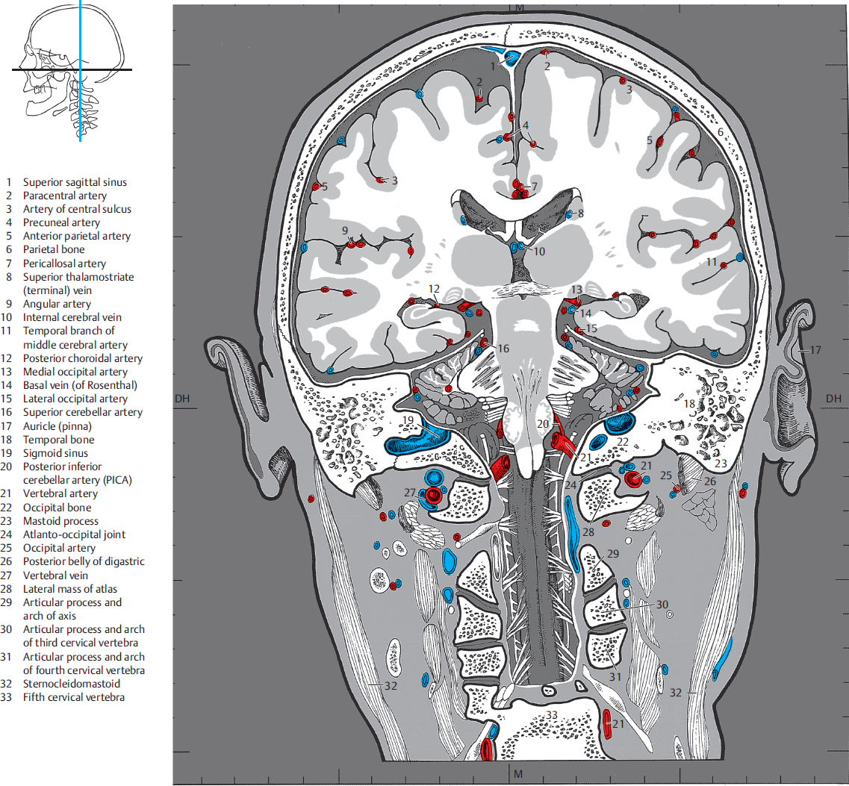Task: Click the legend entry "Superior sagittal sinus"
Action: coord(75,182)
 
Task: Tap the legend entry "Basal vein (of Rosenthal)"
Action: coord(80,385)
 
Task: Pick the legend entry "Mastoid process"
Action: coord(60,521)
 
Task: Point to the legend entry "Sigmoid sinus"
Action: coord(55,453)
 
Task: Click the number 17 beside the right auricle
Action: coord(815,349)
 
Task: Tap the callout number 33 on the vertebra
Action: coord(551,715)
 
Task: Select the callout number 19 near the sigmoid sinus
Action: coord(408,420)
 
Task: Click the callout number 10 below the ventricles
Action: coord(539,252)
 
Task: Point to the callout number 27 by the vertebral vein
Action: coord(409,493)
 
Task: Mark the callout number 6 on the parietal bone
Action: coord(721,132)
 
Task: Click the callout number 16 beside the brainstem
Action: coord(503,349)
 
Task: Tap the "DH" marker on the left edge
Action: coord(183,399)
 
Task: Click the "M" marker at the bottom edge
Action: coord(518,773)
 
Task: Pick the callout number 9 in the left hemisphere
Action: coord(345,230)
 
